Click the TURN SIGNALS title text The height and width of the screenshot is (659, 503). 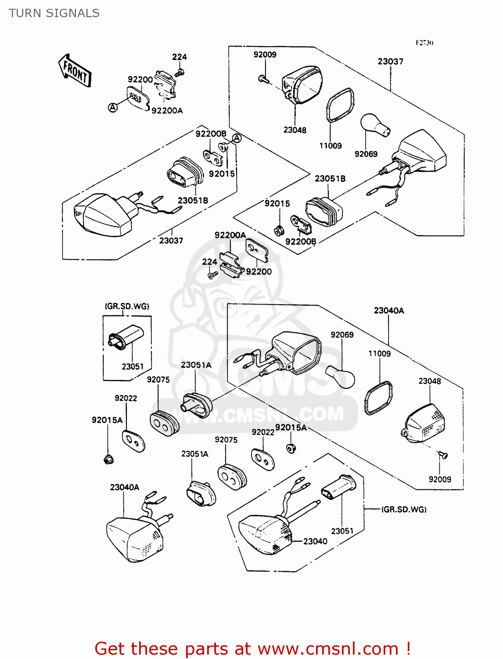click(x=54, y=13)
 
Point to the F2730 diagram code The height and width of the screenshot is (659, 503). click(x=424, y=43)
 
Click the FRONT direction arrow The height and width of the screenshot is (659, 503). click(x=75, y=72)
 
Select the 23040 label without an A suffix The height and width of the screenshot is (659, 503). click(x=315, y=541)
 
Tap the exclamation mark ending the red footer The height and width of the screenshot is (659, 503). click(x=408, y=649)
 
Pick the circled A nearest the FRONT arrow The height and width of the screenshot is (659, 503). click(x=113, y=107)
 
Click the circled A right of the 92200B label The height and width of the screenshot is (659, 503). click(x=237, y=138)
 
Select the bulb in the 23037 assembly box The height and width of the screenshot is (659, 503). click(x=375, y=126)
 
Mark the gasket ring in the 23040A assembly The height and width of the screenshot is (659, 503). click(x=378, y=398)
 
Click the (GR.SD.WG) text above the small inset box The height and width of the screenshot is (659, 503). click(x=127, y=306)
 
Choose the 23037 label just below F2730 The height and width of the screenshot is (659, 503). click(x=390, y=62)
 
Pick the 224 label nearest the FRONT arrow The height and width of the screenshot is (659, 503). click(x=179, y=57)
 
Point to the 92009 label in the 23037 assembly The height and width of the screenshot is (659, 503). click(x=265, y=55)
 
